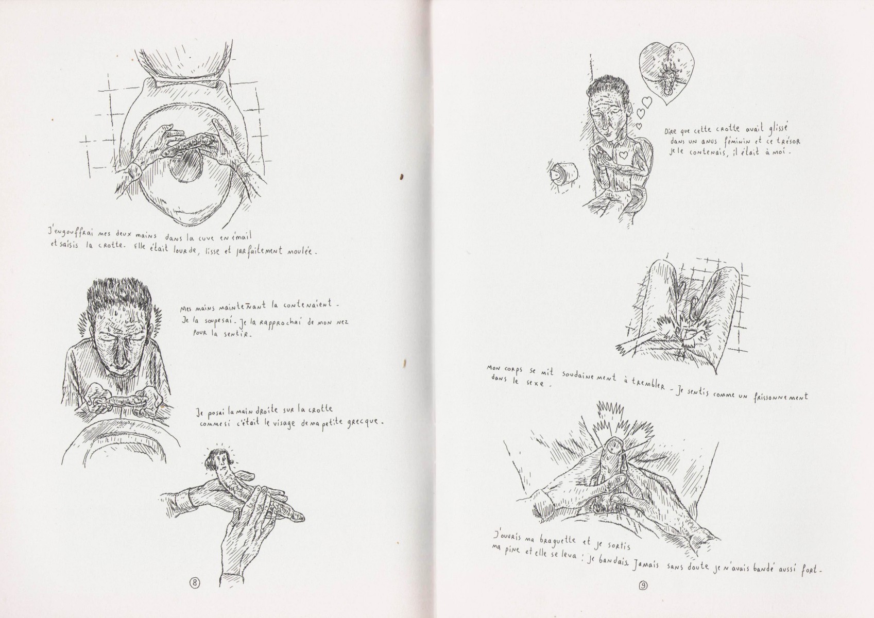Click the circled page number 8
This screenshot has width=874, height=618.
pos(194,594)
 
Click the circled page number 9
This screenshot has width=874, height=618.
pos(643,596)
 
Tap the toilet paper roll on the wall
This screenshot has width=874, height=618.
pos(564,175)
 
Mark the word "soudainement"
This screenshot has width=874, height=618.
pos(589,376)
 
